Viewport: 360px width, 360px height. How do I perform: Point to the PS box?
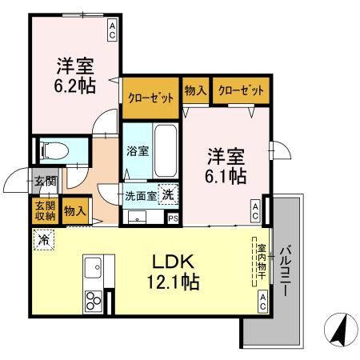pos(173,217)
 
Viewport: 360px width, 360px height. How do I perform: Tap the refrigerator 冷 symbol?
pos(42,238)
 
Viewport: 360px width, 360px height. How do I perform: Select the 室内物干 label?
pos(261,264)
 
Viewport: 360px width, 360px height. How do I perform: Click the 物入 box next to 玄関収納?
pos(75,210)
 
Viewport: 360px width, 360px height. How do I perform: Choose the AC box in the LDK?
pos(262,301)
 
